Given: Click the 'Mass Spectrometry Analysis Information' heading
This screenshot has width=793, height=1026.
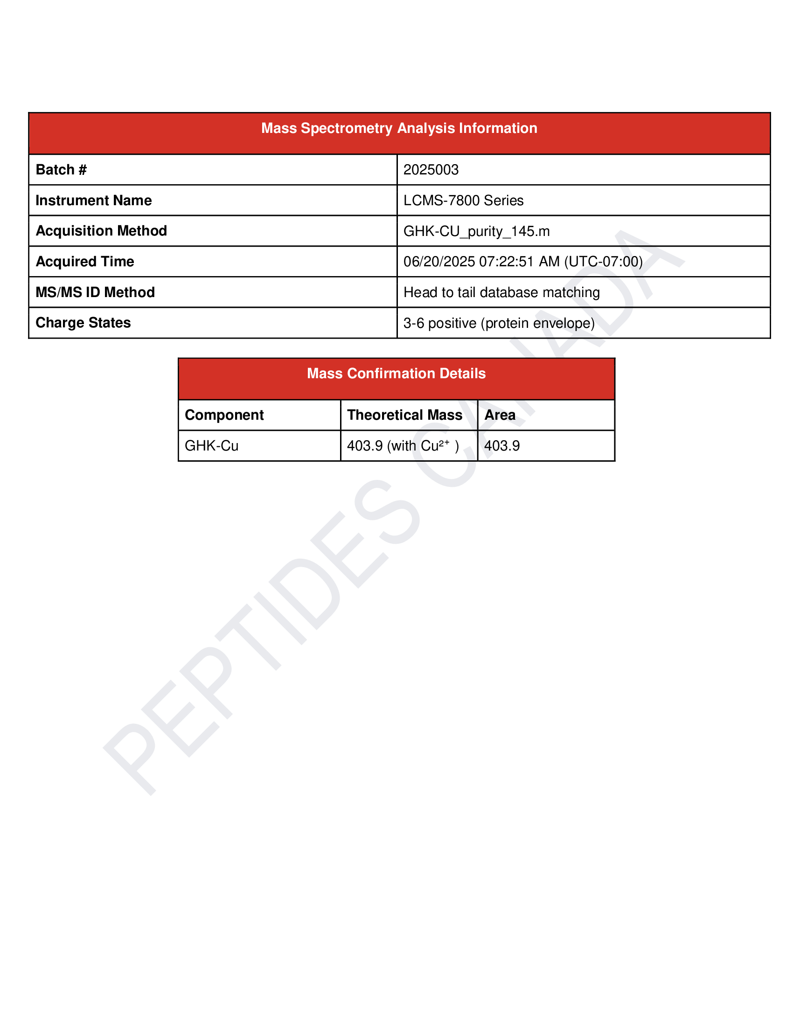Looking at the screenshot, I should coord(399,128).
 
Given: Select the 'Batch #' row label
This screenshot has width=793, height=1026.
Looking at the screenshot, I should coord(61,170).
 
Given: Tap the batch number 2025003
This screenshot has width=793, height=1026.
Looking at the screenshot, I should coord(431,170).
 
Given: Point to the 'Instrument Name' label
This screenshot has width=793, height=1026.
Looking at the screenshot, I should coord(93,201).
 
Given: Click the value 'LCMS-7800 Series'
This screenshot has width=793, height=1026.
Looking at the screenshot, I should coord(463,201).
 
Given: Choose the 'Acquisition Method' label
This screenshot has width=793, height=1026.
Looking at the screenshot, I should coord(101,231).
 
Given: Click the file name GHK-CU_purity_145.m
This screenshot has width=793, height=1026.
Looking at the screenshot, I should coord(476,231).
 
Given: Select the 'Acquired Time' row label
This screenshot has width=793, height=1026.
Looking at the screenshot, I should coord(84,262).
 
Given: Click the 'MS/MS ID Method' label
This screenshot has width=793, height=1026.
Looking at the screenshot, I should coord(95,292).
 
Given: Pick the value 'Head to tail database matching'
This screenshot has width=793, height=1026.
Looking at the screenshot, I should coord(501,292).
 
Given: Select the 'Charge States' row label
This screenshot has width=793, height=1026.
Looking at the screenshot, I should coord(83,323).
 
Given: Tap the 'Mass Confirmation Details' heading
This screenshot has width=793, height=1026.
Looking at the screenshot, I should coord(396,374).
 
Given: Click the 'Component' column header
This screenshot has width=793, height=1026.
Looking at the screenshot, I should coord(224,415).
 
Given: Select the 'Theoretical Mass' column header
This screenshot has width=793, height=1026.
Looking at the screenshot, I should coord(404,415).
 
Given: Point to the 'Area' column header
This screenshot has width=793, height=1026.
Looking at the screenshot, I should coord(500,415).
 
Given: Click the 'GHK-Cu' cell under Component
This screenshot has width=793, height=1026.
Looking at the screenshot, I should coord(211,445).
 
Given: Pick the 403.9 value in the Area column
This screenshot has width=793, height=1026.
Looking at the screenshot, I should coord(502,445).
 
